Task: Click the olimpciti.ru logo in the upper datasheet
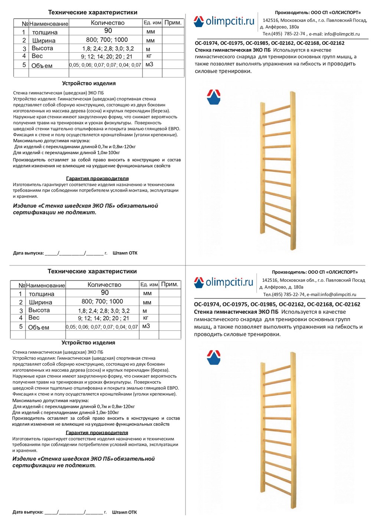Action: [x=224, y=22]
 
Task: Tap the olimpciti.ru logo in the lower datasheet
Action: [x=223, y=282]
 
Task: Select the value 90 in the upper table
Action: [x=108, y=31]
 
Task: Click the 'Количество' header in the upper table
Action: [x=108, y=23]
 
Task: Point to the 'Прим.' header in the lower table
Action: [x=170, y=284]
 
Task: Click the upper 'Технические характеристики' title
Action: [x=93, y=12]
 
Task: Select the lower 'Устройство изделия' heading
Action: [x=88, y=343]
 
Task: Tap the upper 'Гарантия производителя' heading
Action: [x=97, y=178]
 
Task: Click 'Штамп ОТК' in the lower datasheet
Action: [x=124, y=512]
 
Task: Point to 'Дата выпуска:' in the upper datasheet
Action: [x=28, y=253]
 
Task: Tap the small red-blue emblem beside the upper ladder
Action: [x=214, y=97]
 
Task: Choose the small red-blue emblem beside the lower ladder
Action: [x=214, y=357]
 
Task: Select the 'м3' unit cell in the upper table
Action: [x=149, y=65]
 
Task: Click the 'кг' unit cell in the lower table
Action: [x=145, y=318]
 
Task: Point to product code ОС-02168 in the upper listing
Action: [x=309, y=43]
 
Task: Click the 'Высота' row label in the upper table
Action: [x=42, y=48]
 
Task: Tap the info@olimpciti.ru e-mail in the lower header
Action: [x=337, y=294]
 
